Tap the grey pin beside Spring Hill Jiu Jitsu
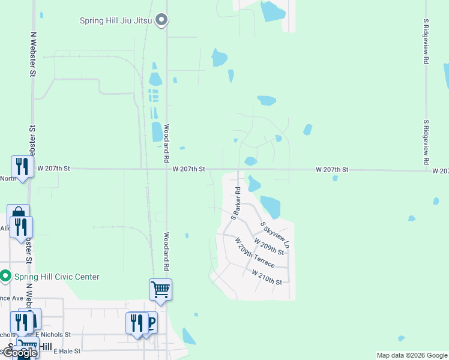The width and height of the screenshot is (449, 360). tap(161, 21)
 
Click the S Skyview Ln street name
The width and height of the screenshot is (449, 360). tap(275, 235)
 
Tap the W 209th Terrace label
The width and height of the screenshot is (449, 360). tap(255, 253)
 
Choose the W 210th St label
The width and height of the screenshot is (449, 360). tap(267, 277)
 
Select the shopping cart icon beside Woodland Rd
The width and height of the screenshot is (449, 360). tap(160, 289)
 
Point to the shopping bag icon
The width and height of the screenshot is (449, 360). tap(17, 214)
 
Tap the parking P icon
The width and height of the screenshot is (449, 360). tap(150, 323)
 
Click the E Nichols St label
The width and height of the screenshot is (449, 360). tap(53, 335)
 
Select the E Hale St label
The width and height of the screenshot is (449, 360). tap(67, 351)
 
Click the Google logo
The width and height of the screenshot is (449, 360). tap(20, 353)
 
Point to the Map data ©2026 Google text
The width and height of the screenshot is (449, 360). tap(411, 355)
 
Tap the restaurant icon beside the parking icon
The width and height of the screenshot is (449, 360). tap(136, 323)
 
